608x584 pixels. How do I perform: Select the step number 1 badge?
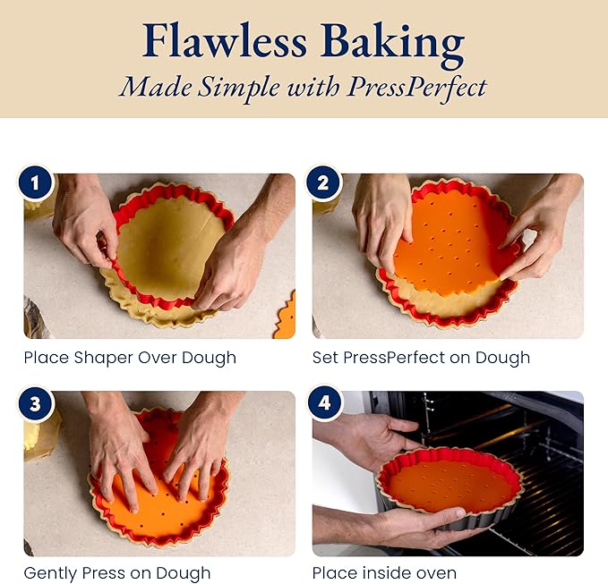(35, 185)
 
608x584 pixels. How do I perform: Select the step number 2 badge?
(323, 185)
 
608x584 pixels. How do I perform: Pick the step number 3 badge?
(35, 403)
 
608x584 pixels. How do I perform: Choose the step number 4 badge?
(323, 403)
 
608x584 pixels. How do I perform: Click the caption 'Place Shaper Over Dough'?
(130, 358)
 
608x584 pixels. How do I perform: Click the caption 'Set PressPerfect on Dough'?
(421, 358)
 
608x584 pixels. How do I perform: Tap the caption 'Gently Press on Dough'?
(117, 573)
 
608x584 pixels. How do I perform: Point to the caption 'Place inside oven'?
(384, 573)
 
